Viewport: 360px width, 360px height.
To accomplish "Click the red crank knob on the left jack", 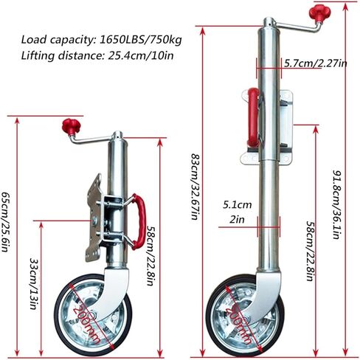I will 70,125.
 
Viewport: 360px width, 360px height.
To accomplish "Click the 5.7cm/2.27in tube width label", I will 315,64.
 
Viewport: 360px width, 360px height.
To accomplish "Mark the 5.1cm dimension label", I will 238,206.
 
